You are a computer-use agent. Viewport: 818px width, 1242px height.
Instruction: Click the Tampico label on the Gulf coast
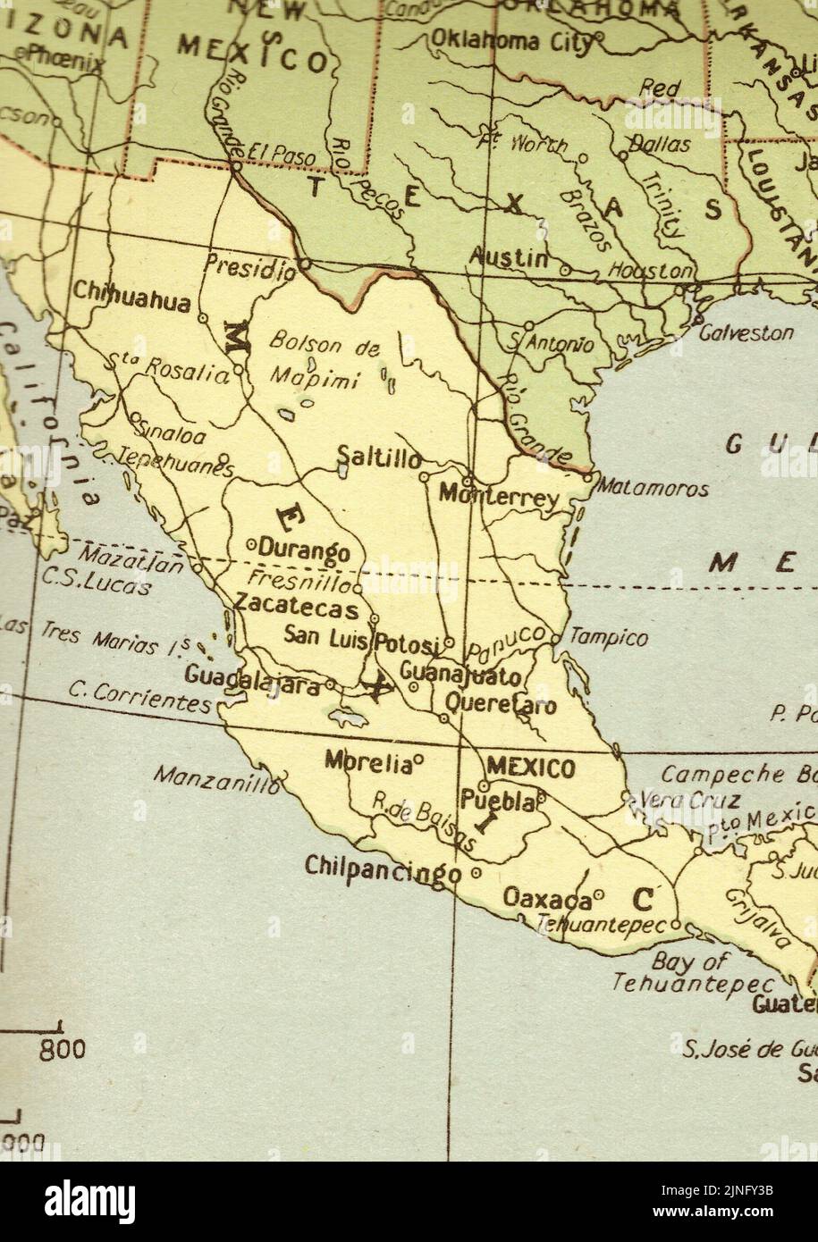608,638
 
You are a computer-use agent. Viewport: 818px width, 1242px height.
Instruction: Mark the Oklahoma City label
511,40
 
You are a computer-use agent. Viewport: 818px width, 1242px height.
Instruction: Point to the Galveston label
746,332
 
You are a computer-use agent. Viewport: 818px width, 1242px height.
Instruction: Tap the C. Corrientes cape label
139,698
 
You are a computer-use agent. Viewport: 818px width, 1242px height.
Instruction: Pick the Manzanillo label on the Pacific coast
215,778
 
